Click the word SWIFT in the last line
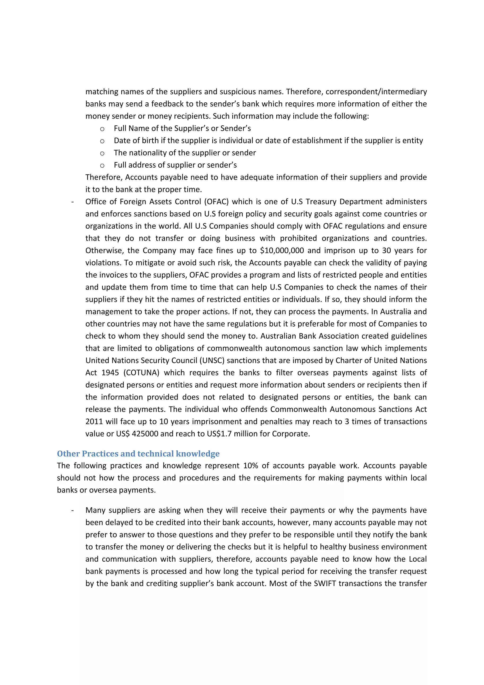coord(325,583)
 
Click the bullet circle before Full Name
coord(102,129)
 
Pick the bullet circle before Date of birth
coord(102,141)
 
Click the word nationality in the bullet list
coord(148,153)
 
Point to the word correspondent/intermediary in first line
coord(376,92)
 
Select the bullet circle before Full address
coord(102,166)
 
